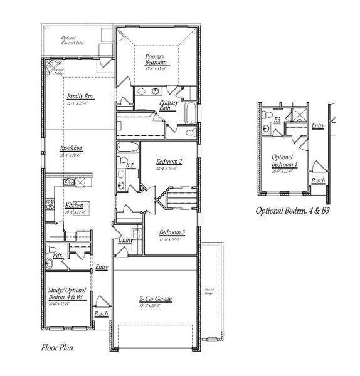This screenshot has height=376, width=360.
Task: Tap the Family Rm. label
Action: click(80, 97)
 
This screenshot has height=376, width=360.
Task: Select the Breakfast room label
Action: click(71, 149)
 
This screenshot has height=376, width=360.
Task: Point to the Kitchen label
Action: click(74, 206)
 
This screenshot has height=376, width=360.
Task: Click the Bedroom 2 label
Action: click(169, 162)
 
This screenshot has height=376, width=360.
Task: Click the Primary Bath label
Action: click(169, 105)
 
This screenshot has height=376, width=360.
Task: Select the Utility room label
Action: click(125, 241)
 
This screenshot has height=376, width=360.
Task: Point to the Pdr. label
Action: click(57, 255)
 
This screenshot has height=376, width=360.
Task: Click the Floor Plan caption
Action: click(58, 346)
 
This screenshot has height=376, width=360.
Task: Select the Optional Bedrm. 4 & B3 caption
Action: click(293, 211)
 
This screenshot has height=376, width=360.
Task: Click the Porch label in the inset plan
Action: click(319, 180)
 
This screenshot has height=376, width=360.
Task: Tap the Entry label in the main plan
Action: click(102, 268)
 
